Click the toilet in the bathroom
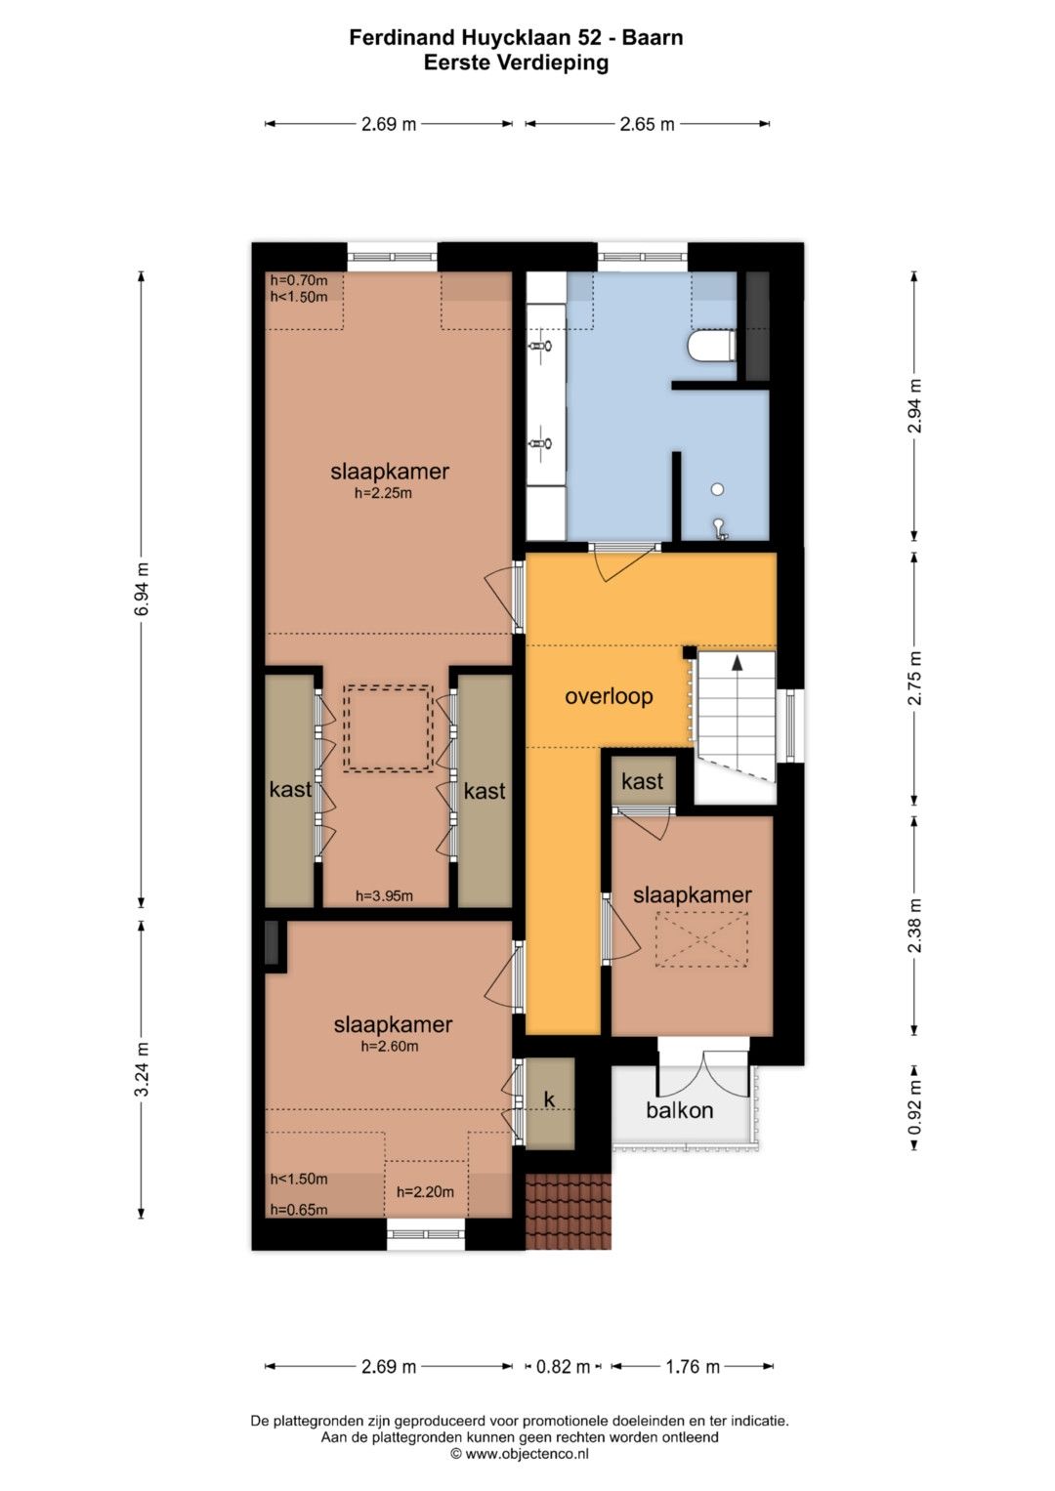click(x=711, y=346)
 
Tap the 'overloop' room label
click(x=609, y=697)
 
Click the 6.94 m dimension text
click(x=142, y=589)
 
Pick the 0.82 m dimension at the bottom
click(x=563, y=1367)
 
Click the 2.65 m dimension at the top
click(x=647, y=124)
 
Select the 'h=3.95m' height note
click(x=384, y=896)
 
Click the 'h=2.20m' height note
click(x=425, y=1192)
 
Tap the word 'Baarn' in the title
click(x=653, y=37)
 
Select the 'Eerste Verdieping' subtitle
click(x=516, y=62)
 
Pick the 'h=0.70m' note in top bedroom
click(x=298, y=280)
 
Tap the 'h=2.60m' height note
click(x=390, y=1046)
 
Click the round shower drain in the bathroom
click(x=717, y=489)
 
